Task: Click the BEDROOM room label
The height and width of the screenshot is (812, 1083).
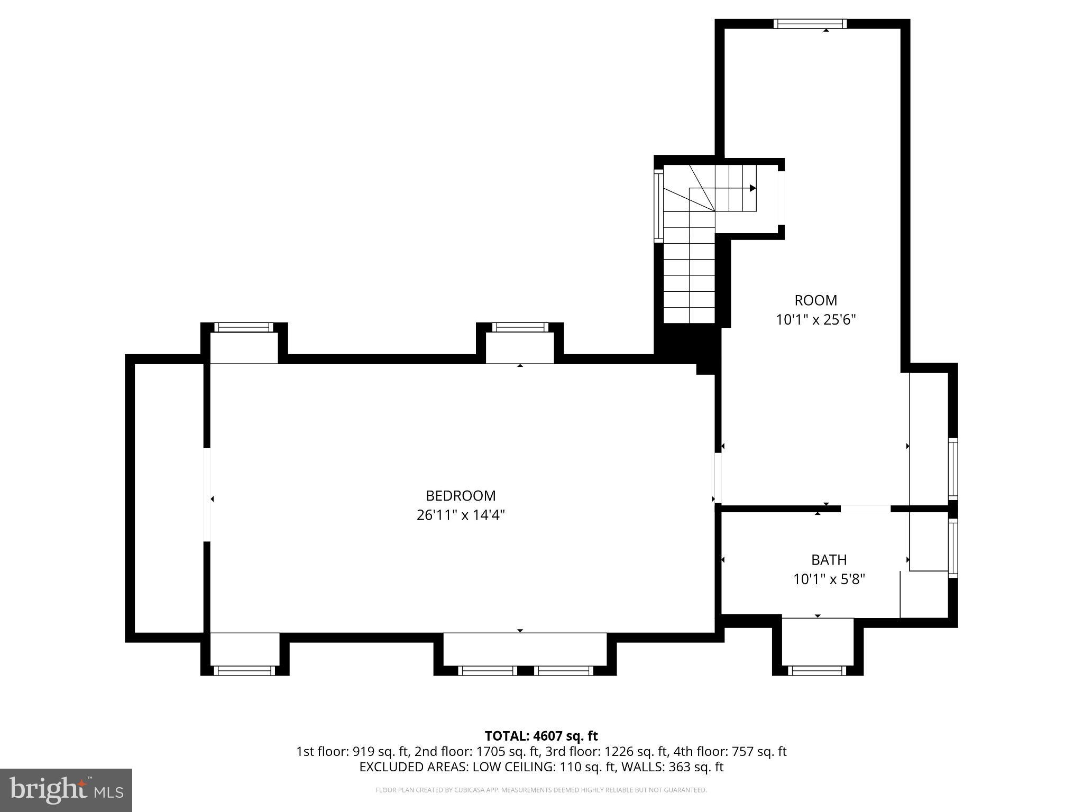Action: pyautogui.click(x=461, y=495)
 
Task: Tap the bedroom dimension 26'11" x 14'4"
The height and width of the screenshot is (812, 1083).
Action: pyautogui.click(x=461, y=515)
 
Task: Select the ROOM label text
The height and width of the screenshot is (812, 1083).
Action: pyautogui.click(x=815, y=300)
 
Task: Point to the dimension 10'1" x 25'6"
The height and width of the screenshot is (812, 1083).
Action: pyautogui.click(x=815, y=320)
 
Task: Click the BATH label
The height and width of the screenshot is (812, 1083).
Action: pyautogui.click(x=829, y=559)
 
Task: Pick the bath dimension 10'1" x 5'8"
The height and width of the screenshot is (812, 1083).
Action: pyautogui.click(x=829, y=579)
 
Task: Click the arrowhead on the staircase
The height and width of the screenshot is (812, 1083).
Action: pyautogui.click(x=752, y=188)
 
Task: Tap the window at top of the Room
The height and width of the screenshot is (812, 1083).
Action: pyautogui.click(x=810, y=24)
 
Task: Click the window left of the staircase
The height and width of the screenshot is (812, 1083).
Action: pyautogui.click(x=658, y=206)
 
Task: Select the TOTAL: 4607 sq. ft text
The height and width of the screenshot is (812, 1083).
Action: pyautogui.click(x=541, y=736)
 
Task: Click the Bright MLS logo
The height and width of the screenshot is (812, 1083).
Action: pyautogui.click(x=66, y=790)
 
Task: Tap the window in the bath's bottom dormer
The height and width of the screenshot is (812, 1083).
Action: pyautogui.click(x=817, y=670)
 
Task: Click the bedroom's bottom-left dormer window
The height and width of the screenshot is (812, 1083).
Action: pyautogui.click(x=244, y=670)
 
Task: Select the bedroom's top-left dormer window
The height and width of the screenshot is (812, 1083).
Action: pyautogui.click(x=244, y=327)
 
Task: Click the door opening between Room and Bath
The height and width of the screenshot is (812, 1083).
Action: pyautogui.click(x=866, y=509)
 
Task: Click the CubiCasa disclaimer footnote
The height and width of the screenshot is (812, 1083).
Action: pyautogui.click(x=541, y=790)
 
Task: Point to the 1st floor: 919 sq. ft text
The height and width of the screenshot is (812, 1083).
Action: pyautogui.click(x=352, y=751)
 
